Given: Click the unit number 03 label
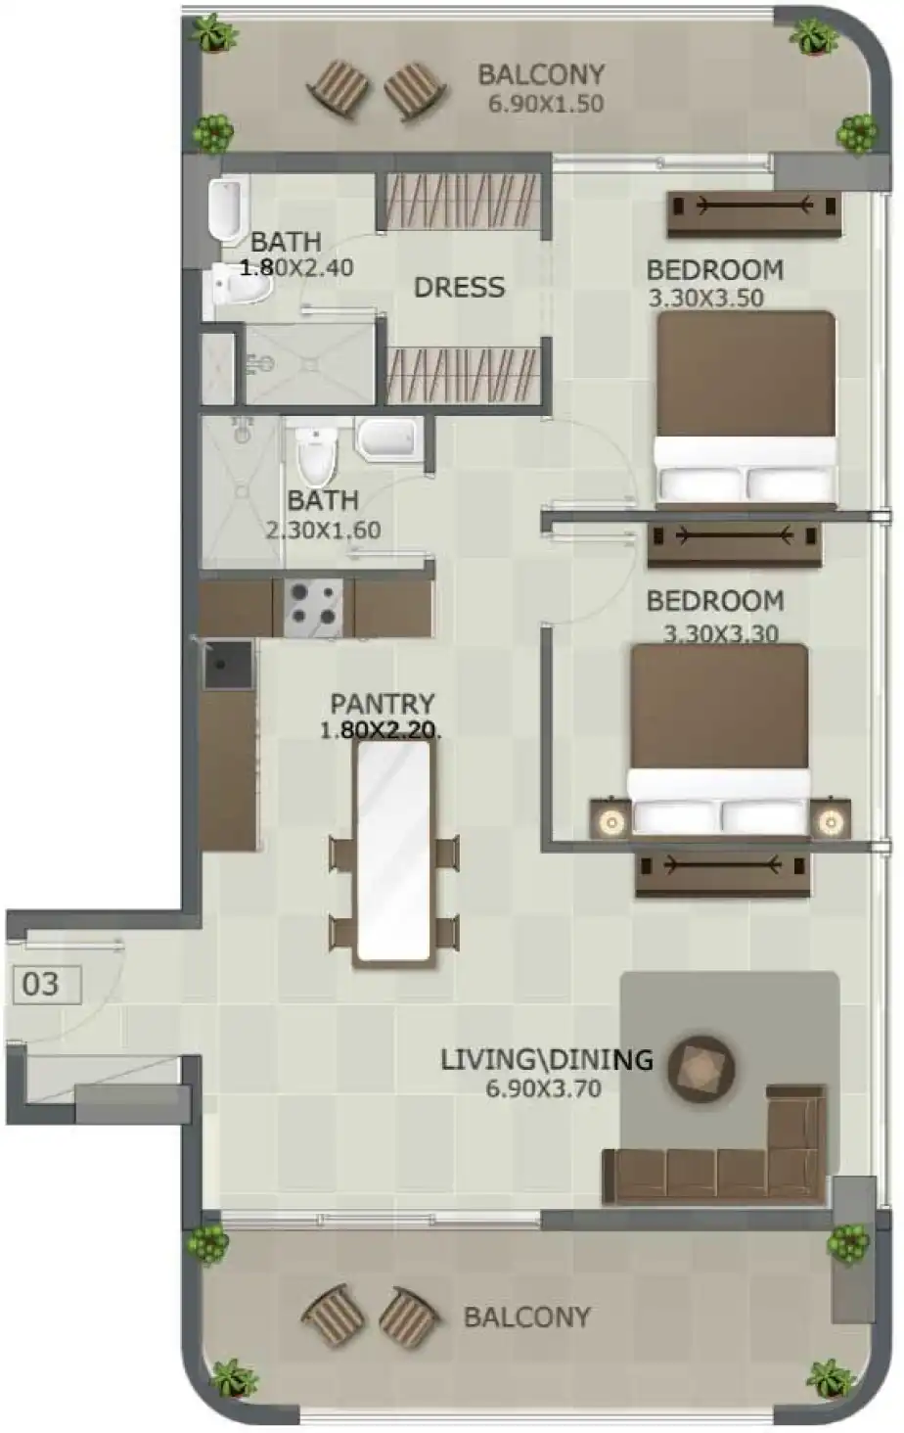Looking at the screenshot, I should [x=40, y=984].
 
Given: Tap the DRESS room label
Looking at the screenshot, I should [x=459, y=288].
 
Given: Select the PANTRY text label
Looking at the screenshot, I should [x=382, y=704].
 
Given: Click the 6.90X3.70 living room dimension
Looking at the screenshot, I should [x=543, y=1088].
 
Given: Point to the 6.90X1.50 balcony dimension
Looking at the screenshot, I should [x=546, y=104].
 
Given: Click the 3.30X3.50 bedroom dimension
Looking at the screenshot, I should [x=705, y=298].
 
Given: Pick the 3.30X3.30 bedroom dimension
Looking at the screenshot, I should [x=721, y=633].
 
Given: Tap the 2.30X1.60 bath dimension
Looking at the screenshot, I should [x=323, y=531].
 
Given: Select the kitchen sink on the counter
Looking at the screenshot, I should [x=227, y=666].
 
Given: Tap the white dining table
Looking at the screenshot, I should [x=392, y=852].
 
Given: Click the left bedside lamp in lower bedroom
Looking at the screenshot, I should [x=611, y=821].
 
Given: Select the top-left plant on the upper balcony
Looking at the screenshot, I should [x=212, y=34].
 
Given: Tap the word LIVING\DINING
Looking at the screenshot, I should [x=546, y=1059].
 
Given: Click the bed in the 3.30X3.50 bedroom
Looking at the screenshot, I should [x=746, y=406].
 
